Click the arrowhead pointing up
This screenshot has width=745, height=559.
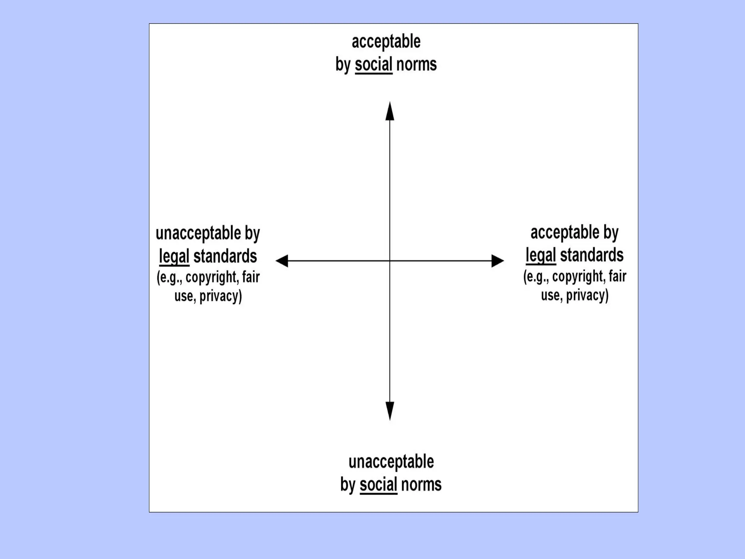pyautogui.click(x=390, y=111)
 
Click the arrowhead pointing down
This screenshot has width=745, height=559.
pyautogui.click(x=390, y=411)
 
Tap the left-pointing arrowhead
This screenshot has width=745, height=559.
pyautogui.click(x=282, y=261)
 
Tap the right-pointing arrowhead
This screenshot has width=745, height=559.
pyautogui.click(x=497, y=261)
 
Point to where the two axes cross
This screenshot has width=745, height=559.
pyautogui.click(x=390, y=261)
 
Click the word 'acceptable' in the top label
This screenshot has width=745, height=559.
pyautogui.click(x=386, y=42)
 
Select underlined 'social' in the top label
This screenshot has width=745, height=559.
pyautogui.click(x=374, y=64)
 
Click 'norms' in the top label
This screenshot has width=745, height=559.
pyautogui.click(x=416, y=64)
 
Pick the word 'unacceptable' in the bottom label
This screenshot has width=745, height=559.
pyautogui.click(x=391, y=462)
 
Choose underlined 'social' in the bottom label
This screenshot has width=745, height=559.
pyautogui.click(x=378, y=485)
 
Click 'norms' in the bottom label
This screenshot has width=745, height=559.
pyautogui.click(x=421, y=485)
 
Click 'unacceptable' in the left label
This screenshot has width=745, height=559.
pyautogui.click(x=198, y=233)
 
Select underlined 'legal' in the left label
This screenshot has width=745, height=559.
pyautogui.click(x=174, y=257)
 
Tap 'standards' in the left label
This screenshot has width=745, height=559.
pyautogui.click(x=225, y=257)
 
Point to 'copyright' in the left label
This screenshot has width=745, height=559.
pyautogui.click(x=212, y=277)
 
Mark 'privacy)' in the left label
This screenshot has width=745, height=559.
pyautogui.click(x=220, y=296)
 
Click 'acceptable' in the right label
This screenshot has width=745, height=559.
pyautogui.click(x=565, y=233)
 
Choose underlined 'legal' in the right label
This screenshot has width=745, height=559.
pyautogui.click(x=541, y=255)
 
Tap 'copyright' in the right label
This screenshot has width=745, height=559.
pyautogui.click(x=579, y=277)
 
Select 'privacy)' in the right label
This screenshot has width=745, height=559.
pyautogui.click(x=587, y=295)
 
